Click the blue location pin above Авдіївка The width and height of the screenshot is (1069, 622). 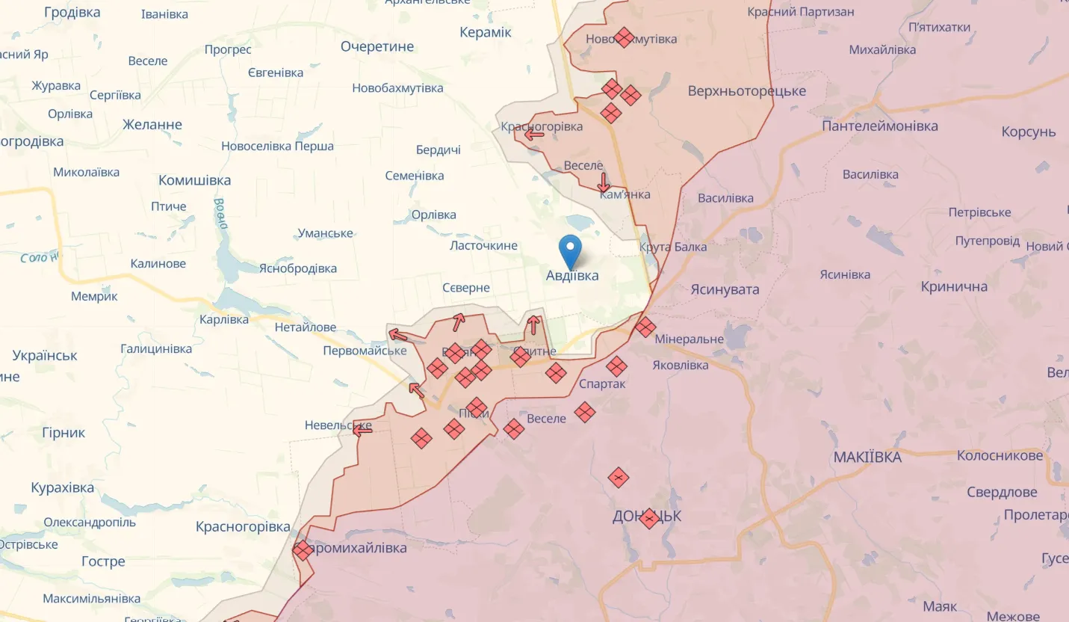click(571, 250)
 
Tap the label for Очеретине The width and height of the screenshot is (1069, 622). click(377, 46)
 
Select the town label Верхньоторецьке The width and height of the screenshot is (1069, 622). click(746, 91)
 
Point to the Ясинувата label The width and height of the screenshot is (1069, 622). click(725, 289)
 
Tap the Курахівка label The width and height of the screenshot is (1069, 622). click(63, 487)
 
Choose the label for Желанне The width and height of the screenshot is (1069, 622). click(152, 124)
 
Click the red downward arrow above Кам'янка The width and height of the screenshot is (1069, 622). click(604, 182)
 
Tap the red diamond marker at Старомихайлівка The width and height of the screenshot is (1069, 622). click(303, 551)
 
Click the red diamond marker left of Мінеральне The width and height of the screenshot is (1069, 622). click(645, 327)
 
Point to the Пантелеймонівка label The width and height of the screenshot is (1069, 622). click(879, 126)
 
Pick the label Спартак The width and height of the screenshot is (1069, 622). click(602, 384)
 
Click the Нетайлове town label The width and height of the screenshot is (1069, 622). click(306, 327)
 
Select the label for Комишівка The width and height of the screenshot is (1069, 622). click(194, 180)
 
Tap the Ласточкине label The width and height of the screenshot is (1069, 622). click(483, 245)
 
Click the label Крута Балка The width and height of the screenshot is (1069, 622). click(673, 247)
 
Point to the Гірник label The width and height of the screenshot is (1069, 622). click(63, 432)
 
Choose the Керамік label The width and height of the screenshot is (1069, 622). click(486, 31)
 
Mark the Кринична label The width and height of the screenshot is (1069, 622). click(954, 286)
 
